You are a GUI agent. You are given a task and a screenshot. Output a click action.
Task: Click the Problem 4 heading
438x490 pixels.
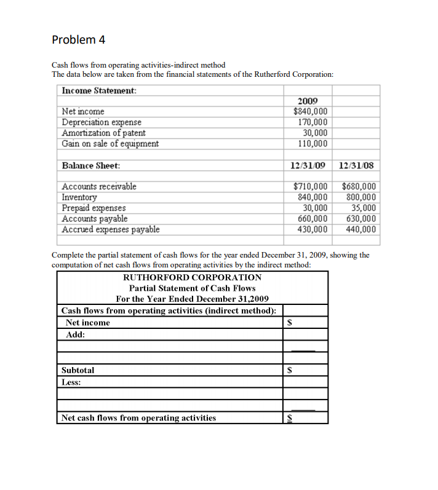click(79, 40)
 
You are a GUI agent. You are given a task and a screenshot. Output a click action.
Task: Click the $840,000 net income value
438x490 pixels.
click(311, 111)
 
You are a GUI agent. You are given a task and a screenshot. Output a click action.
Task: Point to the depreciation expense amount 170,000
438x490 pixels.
click(313, 122)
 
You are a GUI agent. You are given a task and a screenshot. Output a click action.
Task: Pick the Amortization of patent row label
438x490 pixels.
click(104, 133)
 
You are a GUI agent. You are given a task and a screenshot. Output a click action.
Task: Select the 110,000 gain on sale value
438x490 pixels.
click(313, 143)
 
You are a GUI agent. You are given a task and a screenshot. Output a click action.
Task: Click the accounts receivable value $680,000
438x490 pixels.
click(360, 186)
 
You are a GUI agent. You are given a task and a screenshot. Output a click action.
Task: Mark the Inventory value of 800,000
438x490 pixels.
click(362, 197)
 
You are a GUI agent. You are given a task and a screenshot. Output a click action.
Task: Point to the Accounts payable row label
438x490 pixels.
click(95, 218)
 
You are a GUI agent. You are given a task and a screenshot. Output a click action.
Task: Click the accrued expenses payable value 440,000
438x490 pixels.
click(362, 229)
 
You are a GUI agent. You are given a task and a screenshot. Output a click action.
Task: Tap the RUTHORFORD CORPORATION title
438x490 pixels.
click(193, 277)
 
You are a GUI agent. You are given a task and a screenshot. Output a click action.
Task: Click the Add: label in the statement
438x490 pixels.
click(76, 334)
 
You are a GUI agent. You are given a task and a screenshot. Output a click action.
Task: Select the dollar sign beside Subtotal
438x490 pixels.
click(292, 371)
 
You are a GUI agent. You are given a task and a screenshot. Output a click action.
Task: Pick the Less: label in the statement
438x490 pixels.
click(72, 382)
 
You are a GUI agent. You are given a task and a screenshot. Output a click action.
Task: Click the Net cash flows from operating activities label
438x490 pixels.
click(139, 418)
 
